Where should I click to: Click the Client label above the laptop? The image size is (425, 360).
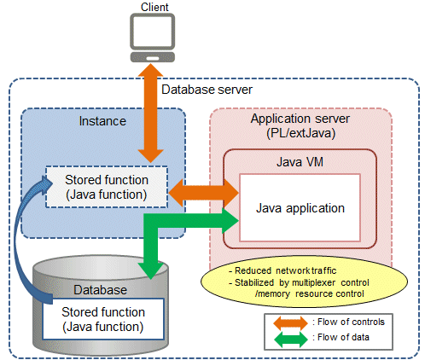[x=154, y=7]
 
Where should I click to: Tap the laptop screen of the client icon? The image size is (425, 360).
[x=153, y=32]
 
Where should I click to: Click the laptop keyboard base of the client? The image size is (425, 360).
[x=153, y=57]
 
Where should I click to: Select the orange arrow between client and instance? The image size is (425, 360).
[x=150, y=113]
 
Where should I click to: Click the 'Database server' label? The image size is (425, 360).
[x=207, y=90]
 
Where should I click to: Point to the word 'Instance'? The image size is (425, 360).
[x=102, y=121]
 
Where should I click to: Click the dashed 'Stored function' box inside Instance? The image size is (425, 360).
[x=107, y=187]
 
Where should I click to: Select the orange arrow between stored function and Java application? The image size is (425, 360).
[x=204, y=193]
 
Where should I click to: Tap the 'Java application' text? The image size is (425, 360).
[x=300, y=208]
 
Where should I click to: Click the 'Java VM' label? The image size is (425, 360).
[x=300, y=162]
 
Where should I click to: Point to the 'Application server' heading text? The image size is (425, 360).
[x=300, y=119]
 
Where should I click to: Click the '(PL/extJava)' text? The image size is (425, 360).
[x=300, y=133]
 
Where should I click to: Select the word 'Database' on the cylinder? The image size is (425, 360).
[x=100, y=290]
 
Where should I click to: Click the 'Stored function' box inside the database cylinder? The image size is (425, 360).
[x=103, y=319]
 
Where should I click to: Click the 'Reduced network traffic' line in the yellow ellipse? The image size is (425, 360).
[x=282, y=270]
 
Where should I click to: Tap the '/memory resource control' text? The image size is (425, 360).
[x=309, y=293]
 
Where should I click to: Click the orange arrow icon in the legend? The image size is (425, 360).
[x=290, y=323]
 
